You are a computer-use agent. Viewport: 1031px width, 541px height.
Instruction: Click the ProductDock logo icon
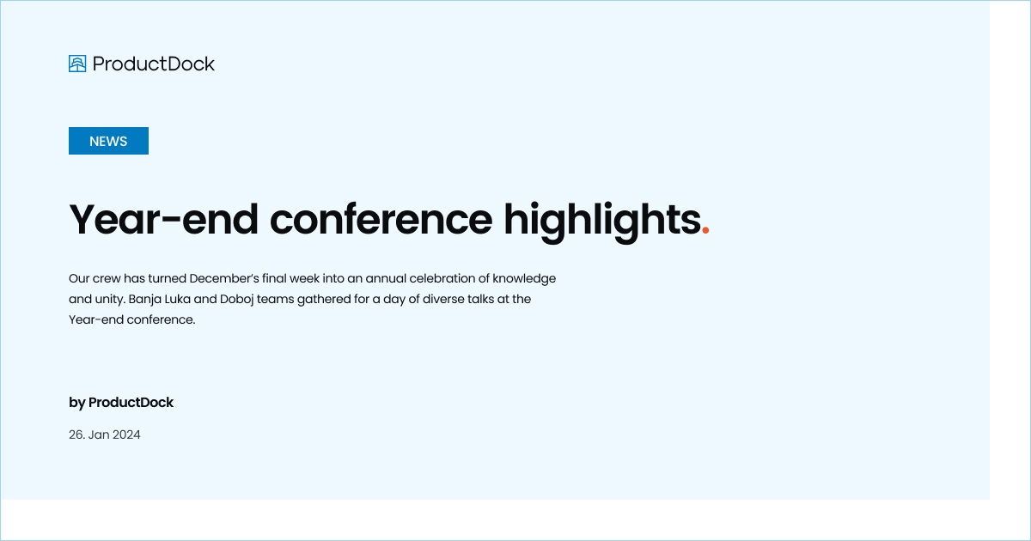click(77, 64)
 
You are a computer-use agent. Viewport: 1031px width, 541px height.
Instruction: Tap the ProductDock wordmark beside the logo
click(154, 64)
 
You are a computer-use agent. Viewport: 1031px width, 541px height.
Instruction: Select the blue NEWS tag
click(108, 141)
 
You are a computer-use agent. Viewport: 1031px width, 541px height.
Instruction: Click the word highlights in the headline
click(601, 219)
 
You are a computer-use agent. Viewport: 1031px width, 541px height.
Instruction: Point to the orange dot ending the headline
click(705, 230)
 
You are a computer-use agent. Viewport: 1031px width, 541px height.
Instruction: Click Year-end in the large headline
click(163, 219)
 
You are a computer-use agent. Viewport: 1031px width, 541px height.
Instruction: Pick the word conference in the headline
click(381, 219)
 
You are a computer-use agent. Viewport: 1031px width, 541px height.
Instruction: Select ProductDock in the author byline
click(131, 403)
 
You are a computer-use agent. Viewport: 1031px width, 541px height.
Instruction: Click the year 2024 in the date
click(126, 435)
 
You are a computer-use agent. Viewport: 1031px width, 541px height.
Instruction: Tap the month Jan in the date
click(99, 435)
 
